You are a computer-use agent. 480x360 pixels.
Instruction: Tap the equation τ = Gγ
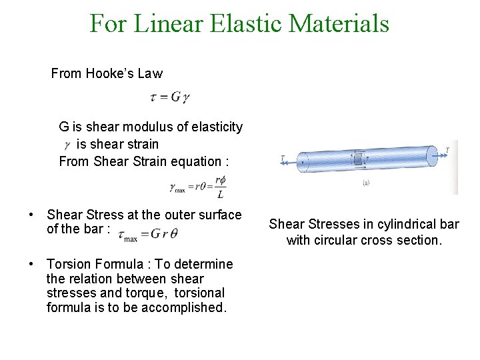point(170,97)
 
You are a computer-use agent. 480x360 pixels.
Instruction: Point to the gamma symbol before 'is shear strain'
point(67,145)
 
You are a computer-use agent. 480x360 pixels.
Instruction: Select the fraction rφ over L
point(220,188)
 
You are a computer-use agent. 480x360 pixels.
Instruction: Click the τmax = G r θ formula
point(148,233)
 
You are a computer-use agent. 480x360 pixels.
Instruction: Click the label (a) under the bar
point(367,183)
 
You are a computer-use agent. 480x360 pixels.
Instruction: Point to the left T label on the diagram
point(284,158)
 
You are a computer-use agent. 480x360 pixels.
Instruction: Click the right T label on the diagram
point(447,150)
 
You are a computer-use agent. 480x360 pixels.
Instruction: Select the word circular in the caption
point(341,240)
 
